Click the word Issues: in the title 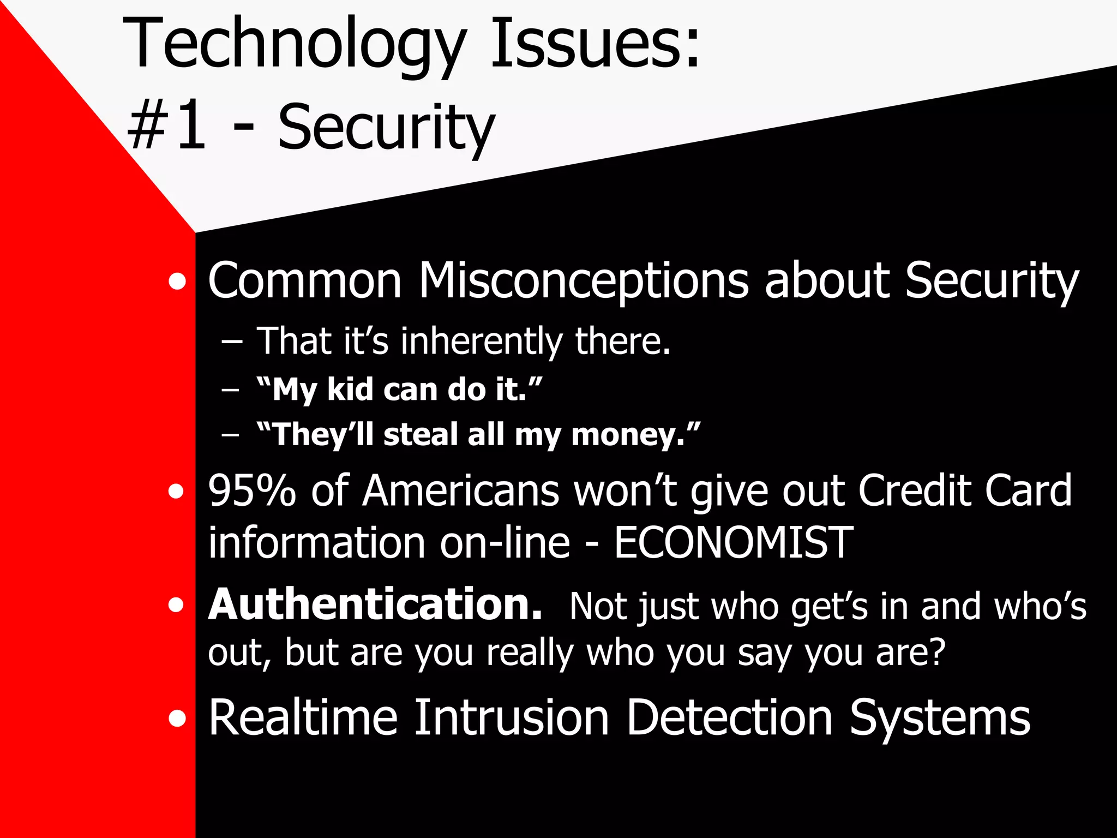[x=595, y=44]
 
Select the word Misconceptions [x=584, y=281]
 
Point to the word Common [x=305, y=281]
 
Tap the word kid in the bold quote [x=350, y=390]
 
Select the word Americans [x=461, y=490]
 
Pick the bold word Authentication [x=375, y=604]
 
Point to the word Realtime [x=303, y=718]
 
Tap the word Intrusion [x=511, y=718]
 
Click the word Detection [x=729, y=718]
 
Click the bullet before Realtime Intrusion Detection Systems [x=177, y=719]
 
